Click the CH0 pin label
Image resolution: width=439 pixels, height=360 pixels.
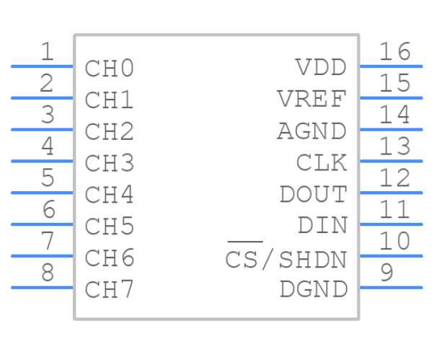110,69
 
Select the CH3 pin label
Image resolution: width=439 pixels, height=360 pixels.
110,164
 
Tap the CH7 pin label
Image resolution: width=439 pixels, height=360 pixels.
110,290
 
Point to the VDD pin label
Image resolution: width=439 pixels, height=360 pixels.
321,68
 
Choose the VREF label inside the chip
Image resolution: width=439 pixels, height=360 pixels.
311,99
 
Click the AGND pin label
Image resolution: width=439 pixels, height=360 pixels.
311,131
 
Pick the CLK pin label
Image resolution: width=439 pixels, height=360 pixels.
322,163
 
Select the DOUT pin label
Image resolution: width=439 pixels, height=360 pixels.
313,195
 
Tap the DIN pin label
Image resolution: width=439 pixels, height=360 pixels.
322,226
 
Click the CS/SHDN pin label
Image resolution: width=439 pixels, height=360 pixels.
286,259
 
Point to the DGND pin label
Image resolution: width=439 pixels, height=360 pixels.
313,290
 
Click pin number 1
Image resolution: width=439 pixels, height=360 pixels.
47,52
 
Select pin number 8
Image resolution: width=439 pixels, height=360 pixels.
47,273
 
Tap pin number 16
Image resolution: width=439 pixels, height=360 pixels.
394,52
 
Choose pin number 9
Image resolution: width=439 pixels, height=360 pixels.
386,273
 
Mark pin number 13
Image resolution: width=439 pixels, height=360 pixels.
394,146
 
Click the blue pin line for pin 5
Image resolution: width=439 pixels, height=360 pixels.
42,193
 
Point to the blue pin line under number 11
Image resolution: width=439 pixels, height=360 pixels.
391,224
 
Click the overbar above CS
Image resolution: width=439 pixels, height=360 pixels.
244,242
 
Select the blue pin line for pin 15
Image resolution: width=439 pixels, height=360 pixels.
391,97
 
